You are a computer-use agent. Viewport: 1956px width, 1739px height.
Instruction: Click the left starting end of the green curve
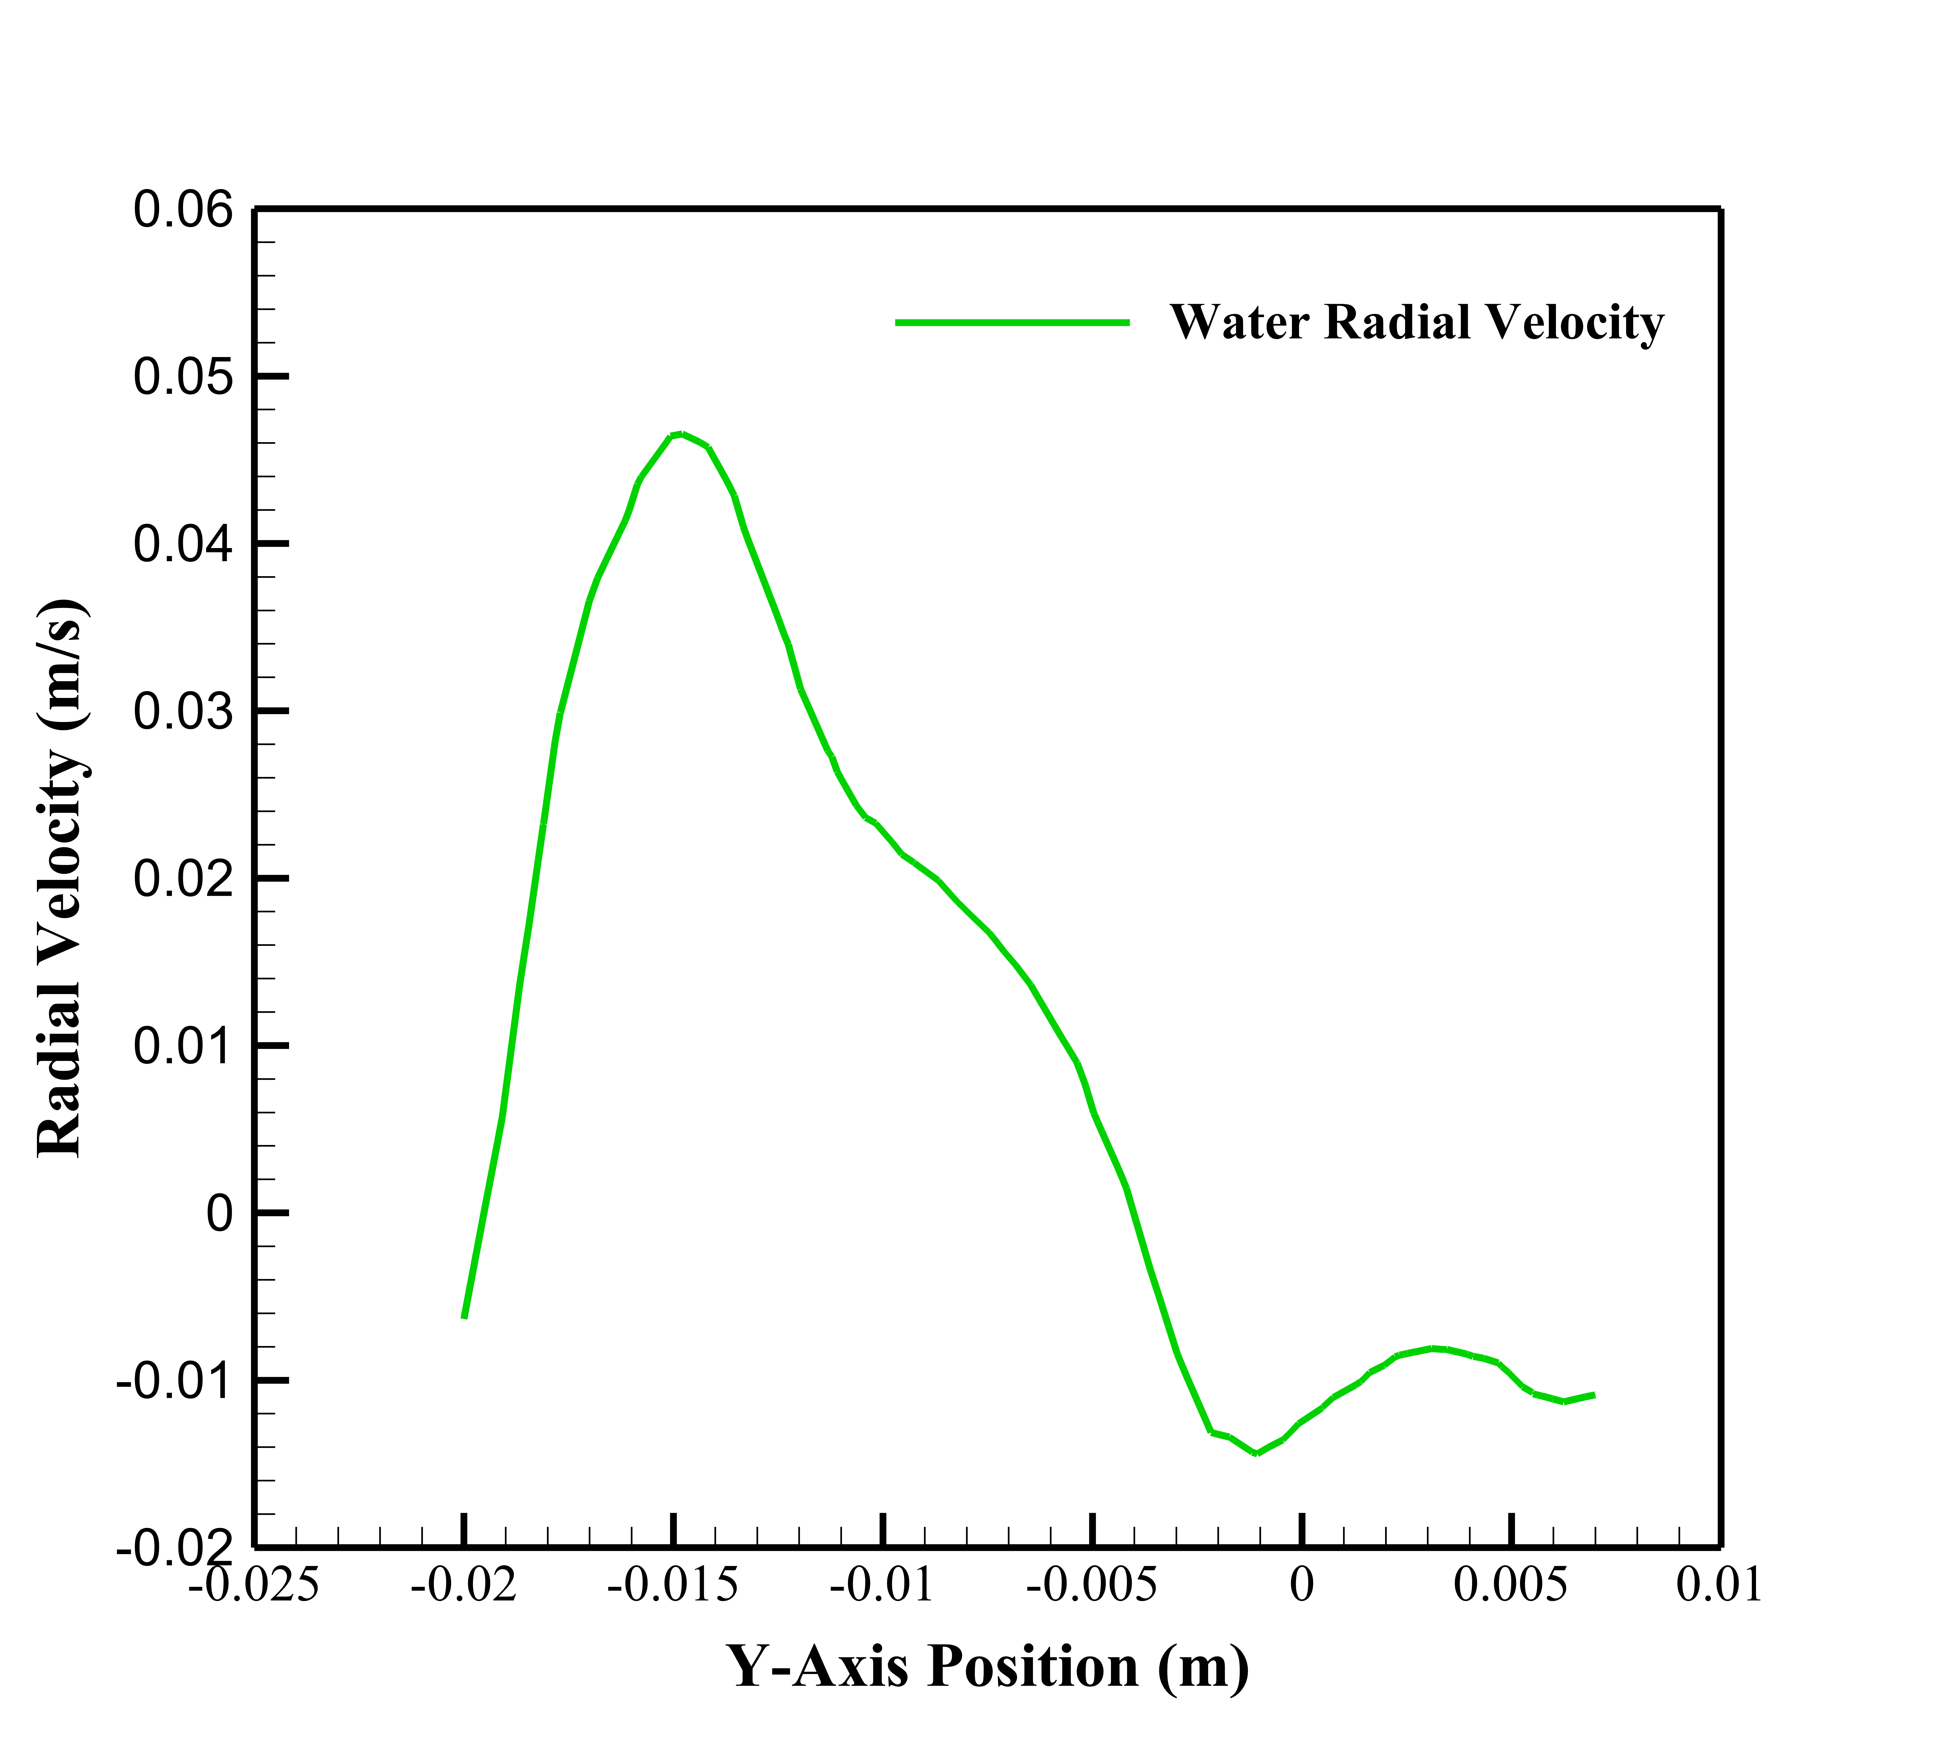[x=464, y=1317]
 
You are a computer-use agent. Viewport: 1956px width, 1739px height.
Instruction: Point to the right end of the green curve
[x=1593, y=1394]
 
